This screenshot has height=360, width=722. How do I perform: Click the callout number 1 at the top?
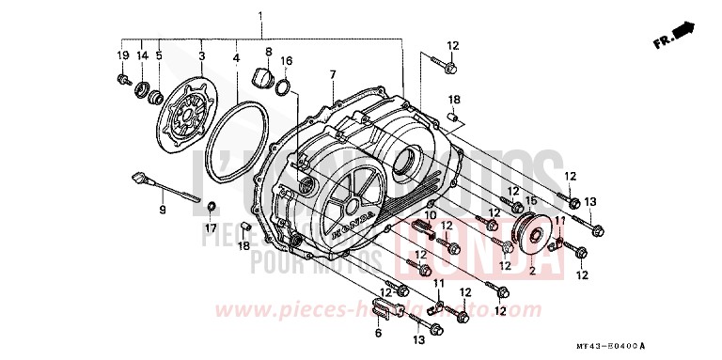(x=260, y=16)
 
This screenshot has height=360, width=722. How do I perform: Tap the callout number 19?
(x=122, y=56)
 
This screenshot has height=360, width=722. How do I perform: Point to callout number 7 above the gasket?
(x=332, y=74)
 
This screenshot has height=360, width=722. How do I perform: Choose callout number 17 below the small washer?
(x=212, y=227)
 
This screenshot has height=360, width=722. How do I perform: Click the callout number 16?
(x=288, y=60)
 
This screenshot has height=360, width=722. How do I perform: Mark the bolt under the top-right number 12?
(x=446, y=68)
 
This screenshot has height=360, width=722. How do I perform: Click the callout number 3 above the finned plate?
(x=201, y=56)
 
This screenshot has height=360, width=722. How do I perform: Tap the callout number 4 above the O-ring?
(x=236, y=56)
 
